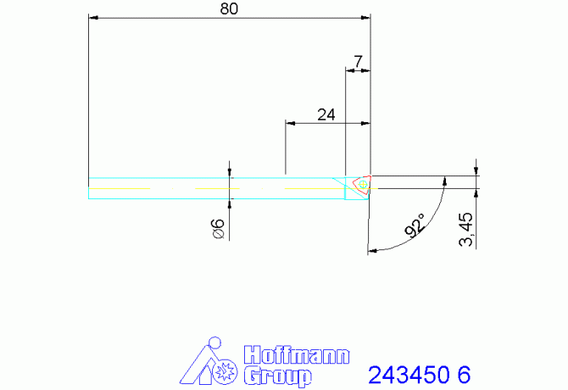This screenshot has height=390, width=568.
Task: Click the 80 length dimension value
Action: tap(229, 9)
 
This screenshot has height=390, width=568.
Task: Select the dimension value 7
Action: tap(358, 62)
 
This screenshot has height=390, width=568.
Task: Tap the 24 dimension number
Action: tap(326, 114)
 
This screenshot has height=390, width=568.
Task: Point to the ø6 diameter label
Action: tap(218, 228)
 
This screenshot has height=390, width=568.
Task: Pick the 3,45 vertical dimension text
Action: tap(465, 229)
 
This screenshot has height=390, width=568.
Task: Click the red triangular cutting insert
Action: tap(361, 184)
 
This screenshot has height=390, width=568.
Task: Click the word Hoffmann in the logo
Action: tap(296, 354)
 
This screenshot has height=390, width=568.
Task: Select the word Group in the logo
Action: tap(276, 376)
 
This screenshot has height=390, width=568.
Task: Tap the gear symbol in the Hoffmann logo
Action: tap(226, 371)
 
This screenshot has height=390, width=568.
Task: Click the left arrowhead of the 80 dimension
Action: tap(93, 17)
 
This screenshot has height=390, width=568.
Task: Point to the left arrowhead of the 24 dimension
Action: tap(290, 123)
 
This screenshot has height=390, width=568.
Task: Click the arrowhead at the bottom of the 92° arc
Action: tap(371, 250)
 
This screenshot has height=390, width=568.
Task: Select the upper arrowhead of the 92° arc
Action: tap(443, 181)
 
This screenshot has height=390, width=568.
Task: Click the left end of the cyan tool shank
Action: tap(90, 188)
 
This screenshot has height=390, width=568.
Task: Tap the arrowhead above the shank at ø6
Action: tap(231, 173)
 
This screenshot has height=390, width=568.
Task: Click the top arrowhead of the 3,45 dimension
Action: tap(476, 171)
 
